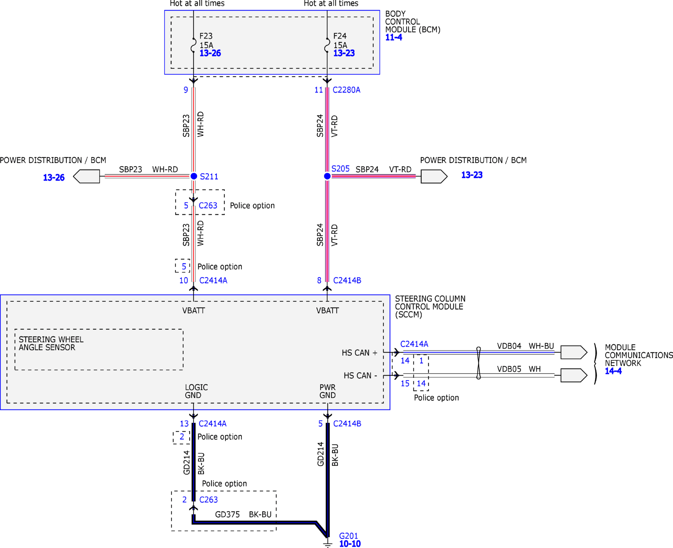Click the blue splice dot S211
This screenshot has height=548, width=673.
[x=194, y=176]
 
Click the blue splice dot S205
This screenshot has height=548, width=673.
[x=327, y=176]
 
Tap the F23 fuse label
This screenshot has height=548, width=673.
[x=206, y=36]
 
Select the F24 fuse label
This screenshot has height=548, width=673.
[x=340, y=36]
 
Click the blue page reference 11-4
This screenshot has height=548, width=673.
[x=394, y=37]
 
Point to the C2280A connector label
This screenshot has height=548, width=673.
[x=346, y=90]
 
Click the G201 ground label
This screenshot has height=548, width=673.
[x=349, y=536]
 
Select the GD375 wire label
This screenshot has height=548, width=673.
[x=227, y=515]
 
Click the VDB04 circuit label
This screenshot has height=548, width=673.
[x=509, y=346]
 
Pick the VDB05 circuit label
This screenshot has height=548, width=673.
[x=509, y=369]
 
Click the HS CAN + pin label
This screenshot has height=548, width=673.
[x=360, y=353]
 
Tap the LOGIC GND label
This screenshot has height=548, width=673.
[x=196, y=391]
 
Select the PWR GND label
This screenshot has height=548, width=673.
[x=327, y=391]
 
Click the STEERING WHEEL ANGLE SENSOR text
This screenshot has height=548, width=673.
[x=51, y=343]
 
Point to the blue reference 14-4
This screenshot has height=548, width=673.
[x=613, y=371]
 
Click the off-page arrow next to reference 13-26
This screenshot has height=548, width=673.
[x=86, y=176]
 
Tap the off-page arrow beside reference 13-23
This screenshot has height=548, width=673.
[x=434, y=176]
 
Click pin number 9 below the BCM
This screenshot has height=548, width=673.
[x=186, y=90]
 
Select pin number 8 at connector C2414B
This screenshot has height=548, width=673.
[x=319, y=280]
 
